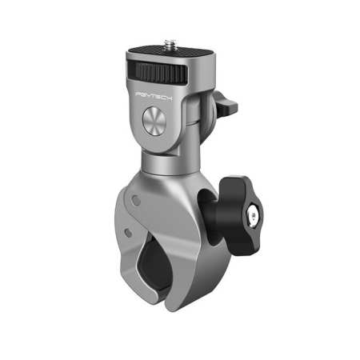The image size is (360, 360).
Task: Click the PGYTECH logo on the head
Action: (158, 95)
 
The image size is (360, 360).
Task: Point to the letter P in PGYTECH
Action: (140, 94)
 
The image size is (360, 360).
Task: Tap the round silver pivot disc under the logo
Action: (154, 124)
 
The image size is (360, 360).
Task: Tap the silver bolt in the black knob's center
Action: (254, 214)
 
